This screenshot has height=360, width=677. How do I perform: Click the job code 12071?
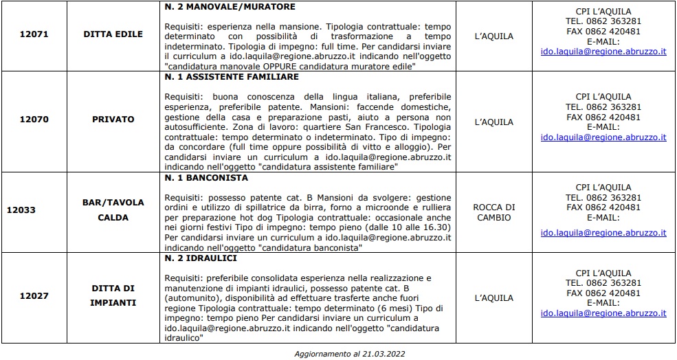tap(34, 34)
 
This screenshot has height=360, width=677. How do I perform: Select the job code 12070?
tap(34, 119)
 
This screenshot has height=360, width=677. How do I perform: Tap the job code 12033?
tap(22, 210)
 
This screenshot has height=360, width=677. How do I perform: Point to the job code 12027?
tap(34, 297)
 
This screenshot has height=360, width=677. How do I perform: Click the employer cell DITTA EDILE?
tap(113, 34)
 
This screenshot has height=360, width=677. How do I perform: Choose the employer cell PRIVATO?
tap(113, 119)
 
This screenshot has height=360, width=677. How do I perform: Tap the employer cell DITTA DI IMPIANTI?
tap(113, 297)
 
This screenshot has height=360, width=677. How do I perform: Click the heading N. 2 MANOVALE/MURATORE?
tap(230, 7)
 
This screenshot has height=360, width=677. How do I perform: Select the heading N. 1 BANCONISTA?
tap(207, 177)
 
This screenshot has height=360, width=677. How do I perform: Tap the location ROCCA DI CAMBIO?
tap(493, 212)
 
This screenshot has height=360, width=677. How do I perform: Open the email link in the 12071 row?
tap(603, 52)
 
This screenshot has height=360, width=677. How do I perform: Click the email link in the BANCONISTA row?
tap(603, 233)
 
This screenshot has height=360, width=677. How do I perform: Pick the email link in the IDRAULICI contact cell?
tap(603, 313)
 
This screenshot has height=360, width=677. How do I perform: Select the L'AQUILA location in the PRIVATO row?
tap(493, 122)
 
